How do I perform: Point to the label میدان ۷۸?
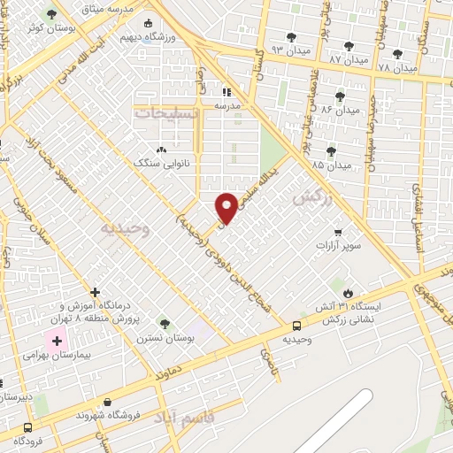coord(396,67)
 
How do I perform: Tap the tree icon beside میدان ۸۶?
coord(340,97)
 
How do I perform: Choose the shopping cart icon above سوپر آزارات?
coord(338,232)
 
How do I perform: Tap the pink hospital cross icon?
coord(58,341)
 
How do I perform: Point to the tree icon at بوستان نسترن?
coord(164,323)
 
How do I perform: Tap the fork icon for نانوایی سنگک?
coord(160,150)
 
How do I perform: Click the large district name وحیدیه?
coord(125,228)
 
